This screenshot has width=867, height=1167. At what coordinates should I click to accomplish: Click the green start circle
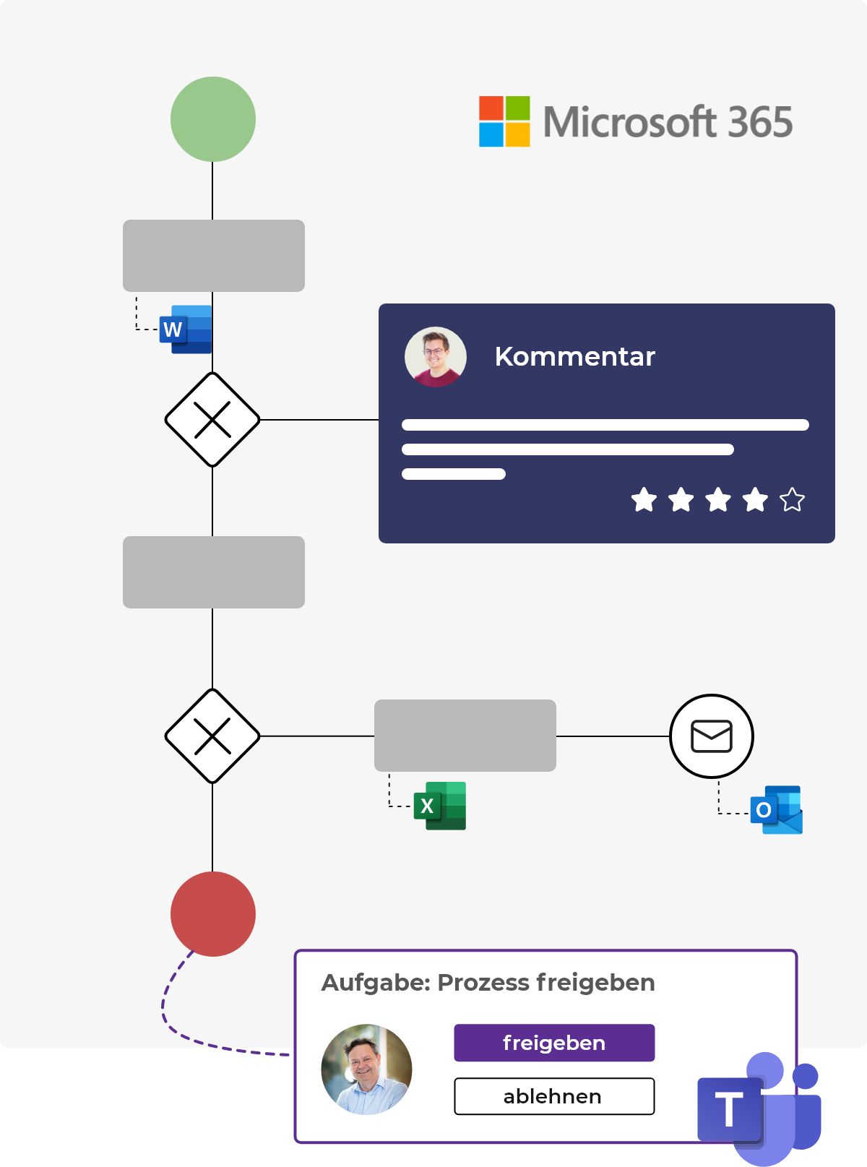click(x=213, y=119)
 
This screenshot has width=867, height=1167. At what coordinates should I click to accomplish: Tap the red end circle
click(x=213, y=914)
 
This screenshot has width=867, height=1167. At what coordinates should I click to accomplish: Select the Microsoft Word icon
click(x=186, y=330)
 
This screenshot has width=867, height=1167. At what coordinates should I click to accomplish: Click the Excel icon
click(x=440, y=806)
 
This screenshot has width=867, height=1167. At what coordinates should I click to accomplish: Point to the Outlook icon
click(x=777, y=810)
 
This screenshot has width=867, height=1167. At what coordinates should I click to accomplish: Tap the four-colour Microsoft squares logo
click(x=504, y=121)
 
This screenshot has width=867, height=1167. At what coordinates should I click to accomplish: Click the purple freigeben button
click(x=554, y=1043)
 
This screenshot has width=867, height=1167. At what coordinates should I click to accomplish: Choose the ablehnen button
click(x=554, y=1096)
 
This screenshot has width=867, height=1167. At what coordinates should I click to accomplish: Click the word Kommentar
click(x=574, y=356)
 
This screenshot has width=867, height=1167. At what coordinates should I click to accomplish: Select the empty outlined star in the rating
click(x=792, y=499)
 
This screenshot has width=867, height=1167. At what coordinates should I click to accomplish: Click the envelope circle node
click(x=712, y=736)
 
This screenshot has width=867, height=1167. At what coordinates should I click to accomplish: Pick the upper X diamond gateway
click(x=212, y=420)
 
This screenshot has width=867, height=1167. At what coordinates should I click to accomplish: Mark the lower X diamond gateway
click(x=212, y=736)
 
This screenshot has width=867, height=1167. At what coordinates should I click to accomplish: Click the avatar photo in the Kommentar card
click(x=436, y=357)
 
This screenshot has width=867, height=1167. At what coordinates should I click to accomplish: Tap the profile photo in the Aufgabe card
click(x=366, y=1069)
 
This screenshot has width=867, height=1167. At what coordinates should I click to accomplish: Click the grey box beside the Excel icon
click(x=465, y=736)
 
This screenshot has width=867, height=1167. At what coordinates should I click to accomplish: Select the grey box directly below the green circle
click(x=214, y=256)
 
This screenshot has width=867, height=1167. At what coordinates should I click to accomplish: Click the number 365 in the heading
click(x=760, y=122)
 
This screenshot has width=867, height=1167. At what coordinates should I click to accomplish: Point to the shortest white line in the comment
click(x=454, y=474)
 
